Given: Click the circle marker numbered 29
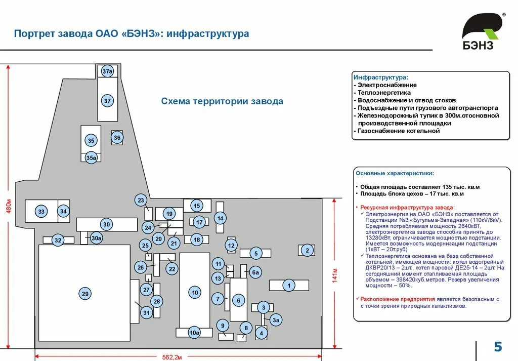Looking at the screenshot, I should coord(85,294).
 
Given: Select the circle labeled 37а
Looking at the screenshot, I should coord(107,71).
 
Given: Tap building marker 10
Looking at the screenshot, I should coord(195,292).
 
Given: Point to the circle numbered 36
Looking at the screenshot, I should coord(117,137).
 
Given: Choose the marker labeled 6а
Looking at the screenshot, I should coord(255,272).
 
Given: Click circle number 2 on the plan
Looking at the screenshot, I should coord(307,250).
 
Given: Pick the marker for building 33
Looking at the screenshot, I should coord(41,212).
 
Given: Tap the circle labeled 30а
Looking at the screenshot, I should coord(97,238).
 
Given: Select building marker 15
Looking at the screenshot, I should coord(197,206).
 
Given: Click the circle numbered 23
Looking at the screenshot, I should coord(141,200).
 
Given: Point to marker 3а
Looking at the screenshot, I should coord(276,320).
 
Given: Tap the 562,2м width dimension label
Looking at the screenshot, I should coord(171,357).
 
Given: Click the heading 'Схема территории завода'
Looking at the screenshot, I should coord(222,101).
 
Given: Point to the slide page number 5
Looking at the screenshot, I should coord(498,347).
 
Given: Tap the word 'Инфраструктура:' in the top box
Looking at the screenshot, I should coord(380,77).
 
